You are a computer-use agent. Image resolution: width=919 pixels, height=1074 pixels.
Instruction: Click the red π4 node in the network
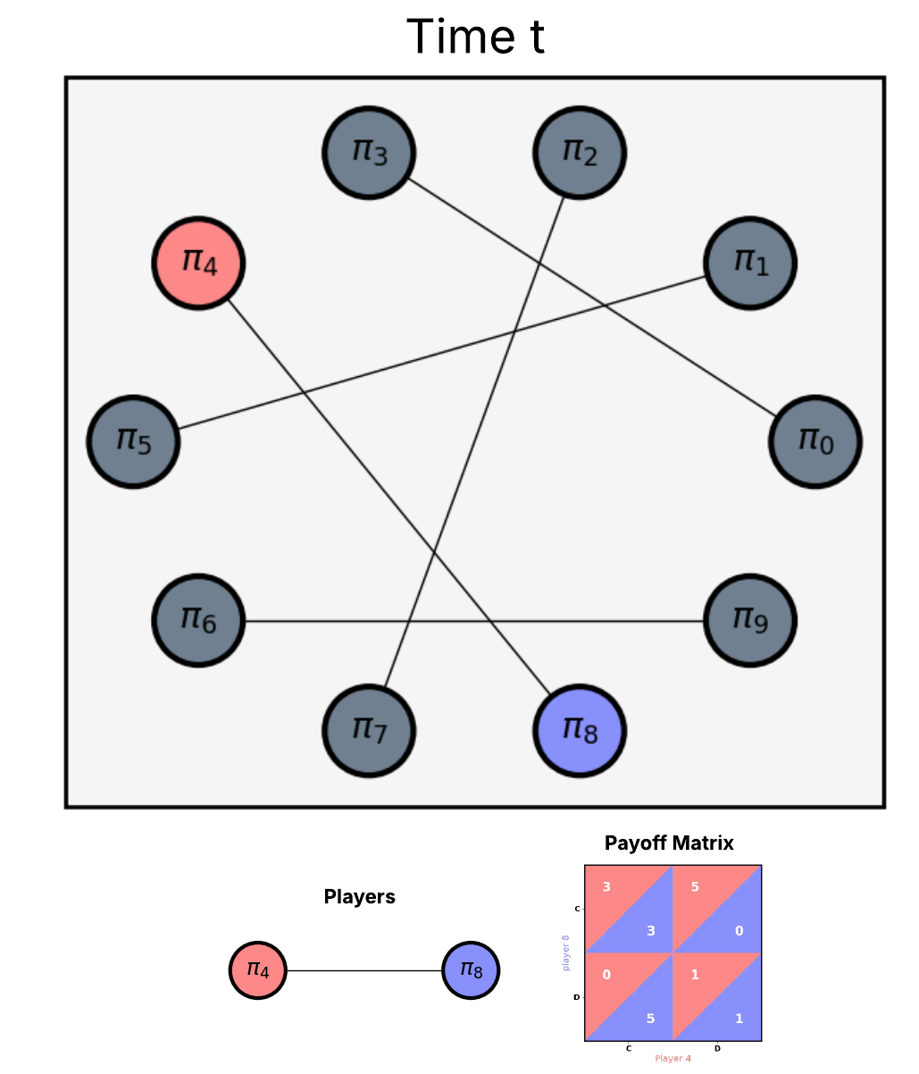point(198,264)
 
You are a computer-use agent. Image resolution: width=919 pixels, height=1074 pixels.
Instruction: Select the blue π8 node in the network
point(579,731)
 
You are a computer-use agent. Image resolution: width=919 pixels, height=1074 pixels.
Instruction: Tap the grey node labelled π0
point(815,441)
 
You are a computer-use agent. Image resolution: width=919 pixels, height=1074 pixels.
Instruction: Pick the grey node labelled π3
point(368,152)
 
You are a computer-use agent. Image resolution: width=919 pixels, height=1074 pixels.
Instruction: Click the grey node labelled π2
point(579,152)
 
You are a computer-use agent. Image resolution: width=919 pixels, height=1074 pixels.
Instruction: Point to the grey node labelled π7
point(368,731)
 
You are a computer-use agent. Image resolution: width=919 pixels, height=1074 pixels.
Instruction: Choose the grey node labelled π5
point(133,441)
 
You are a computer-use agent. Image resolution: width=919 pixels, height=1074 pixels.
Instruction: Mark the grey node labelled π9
point(749,619)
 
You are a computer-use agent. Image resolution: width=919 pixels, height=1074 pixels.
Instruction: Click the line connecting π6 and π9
point(473,621)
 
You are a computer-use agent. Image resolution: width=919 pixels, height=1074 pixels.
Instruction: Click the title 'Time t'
point(475,38)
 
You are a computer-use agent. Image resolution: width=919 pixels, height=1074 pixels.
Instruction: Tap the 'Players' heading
point(359,897)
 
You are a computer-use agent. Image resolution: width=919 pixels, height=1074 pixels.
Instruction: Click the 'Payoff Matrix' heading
point(669,843)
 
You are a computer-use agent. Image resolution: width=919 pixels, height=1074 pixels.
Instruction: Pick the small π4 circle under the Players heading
point(257,969)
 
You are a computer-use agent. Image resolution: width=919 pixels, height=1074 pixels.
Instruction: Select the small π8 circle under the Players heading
point(471,969)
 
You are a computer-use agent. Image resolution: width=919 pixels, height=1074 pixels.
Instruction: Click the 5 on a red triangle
point(695,887)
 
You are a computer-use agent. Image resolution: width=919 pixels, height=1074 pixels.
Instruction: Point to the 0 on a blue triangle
point(739,931)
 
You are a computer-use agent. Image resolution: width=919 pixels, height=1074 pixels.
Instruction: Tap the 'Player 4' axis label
point(673,1059)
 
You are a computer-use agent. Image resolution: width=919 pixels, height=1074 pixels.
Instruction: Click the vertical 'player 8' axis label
point(565,952)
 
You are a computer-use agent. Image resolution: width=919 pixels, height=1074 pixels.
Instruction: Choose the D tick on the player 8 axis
point(576,997)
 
